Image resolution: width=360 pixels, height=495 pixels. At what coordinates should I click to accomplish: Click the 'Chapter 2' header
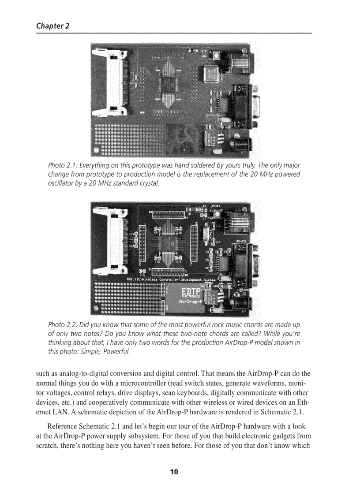click(x=52, y=26)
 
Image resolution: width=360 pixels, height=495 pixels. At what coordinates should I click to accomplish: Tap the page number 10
click(x=174, y=472)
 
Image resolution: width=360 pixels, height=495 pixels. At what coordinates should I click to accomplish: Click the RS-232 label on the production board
click(x=241, y=241)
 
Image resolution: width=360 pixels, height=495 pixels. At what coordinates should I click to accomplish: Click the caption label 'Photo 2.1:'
click(x=63, y=165)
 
